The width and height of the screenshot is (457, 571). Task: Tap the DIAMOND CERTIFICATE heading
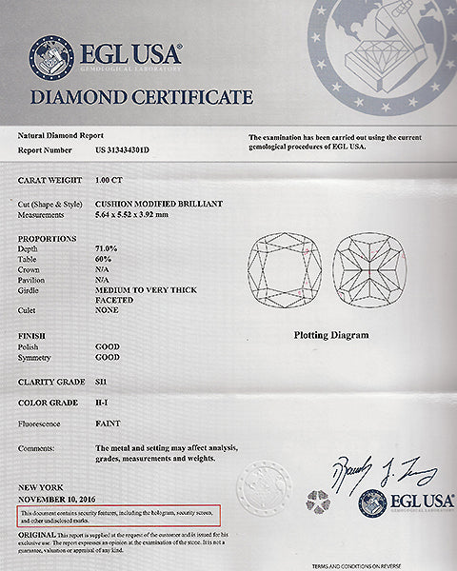pos(142,96)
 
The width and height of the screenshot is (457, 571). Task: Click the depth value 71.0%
pos(109,246)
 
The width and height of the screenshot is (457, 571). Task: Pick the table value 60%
pos(104,257)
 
